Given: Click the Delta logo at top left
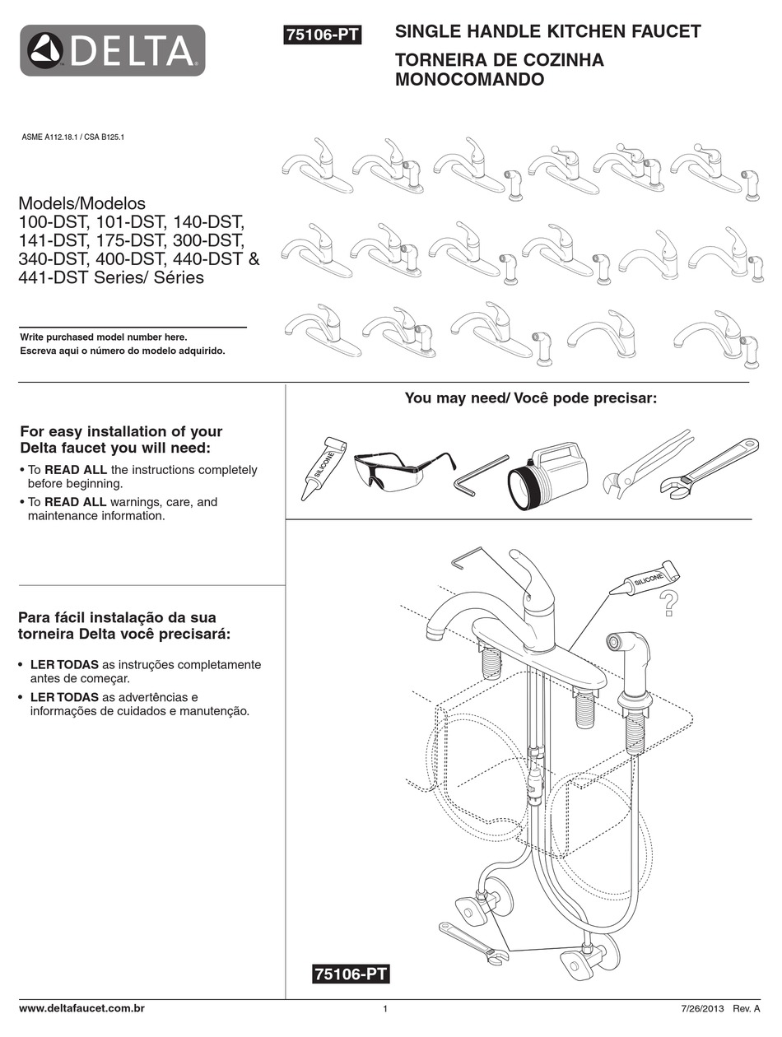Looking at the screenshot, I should (112, 50).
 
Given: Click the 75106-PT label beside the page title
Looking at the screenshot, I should (322, 35).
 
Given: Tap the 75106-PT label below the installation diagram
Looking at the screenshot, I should (350, 974).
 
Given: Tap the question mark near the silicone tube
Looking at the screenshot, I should (669, 604).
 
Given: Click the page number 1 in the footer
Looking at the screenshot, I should (385, 1009).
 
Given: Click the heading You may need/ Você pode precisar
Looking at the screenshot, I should (531, 398).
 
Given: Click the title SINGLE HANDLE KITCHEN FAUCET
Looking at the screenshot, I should (548, 32).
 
